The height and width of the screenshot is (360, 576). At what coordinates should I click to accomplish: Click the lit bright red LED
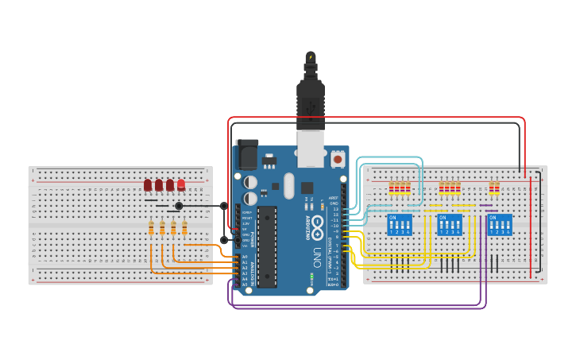tap(181, 185)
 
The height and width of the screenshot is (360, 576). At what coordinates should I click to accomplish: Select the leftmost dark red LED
tap(148, 185)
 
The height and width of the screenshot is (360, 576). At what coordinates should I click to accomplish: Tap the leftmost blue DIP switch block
tap(399, 224)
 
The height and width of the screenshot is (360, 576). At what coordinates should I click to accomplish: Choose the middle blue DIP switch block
tap(450, 224)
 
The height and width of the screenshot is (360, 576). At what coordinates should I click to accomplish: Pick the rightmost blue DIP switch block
tap(500, 224)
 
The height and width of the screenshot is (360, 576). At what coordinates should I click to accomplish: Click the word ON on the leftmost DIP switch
tap(392, 217)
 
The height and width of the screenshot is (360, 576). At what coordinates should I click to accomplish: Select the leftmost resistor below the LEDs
tap(151, 229)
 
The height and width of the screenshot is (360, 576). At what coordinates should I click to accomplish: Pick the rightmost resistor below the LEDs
tap(184, 229)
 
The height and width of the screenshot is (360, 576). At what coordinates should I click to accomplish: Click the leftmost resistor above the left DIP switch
tap(391, 188)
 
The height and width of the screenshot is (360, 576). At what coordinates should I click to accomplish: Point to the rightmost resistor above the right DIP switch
tap(497, 188)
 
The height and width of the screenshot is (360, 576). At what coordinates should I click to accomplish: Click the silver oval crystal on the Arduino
tap(288, 186)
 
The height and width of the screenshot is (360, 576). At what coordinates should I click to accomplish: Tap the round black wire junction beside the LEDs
tap(179, 206)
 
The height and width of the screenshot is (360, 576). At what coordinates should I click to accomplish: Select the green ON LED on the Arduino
tap(312, 277)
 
